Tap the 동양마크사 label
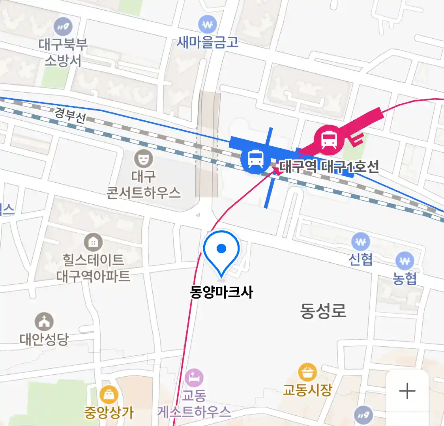(x=221, y=292)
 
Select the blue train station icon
(x=255, y=159)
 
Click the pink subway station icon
(x=329, y=139)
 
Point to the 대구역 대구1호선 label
(x=329, y=167)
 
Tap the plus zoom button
(x=407, y=392)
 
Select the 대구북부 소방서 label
(x=63, y=52)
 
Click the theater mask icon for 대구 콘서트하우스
(x=143, y=159)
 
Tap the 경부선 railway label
(x=70, y=115)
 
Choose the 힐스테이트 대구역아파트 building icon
(x=93, y=242)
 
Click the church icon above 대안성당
(x=44, y=322)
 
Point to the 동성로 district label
(x=323, y=310)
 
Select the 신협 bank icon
(x=360, y=242)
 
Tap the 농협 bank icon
(x=405, y=261)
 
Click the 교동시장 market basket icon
(x=307, y=372)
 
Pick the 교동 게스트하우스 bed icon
(x=194, y=378)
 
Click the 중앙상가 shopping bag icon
(x=109, y=394)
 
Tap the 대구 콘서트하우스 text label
(x=143, y=184)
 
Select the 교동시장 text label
(x=307, y=390)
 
